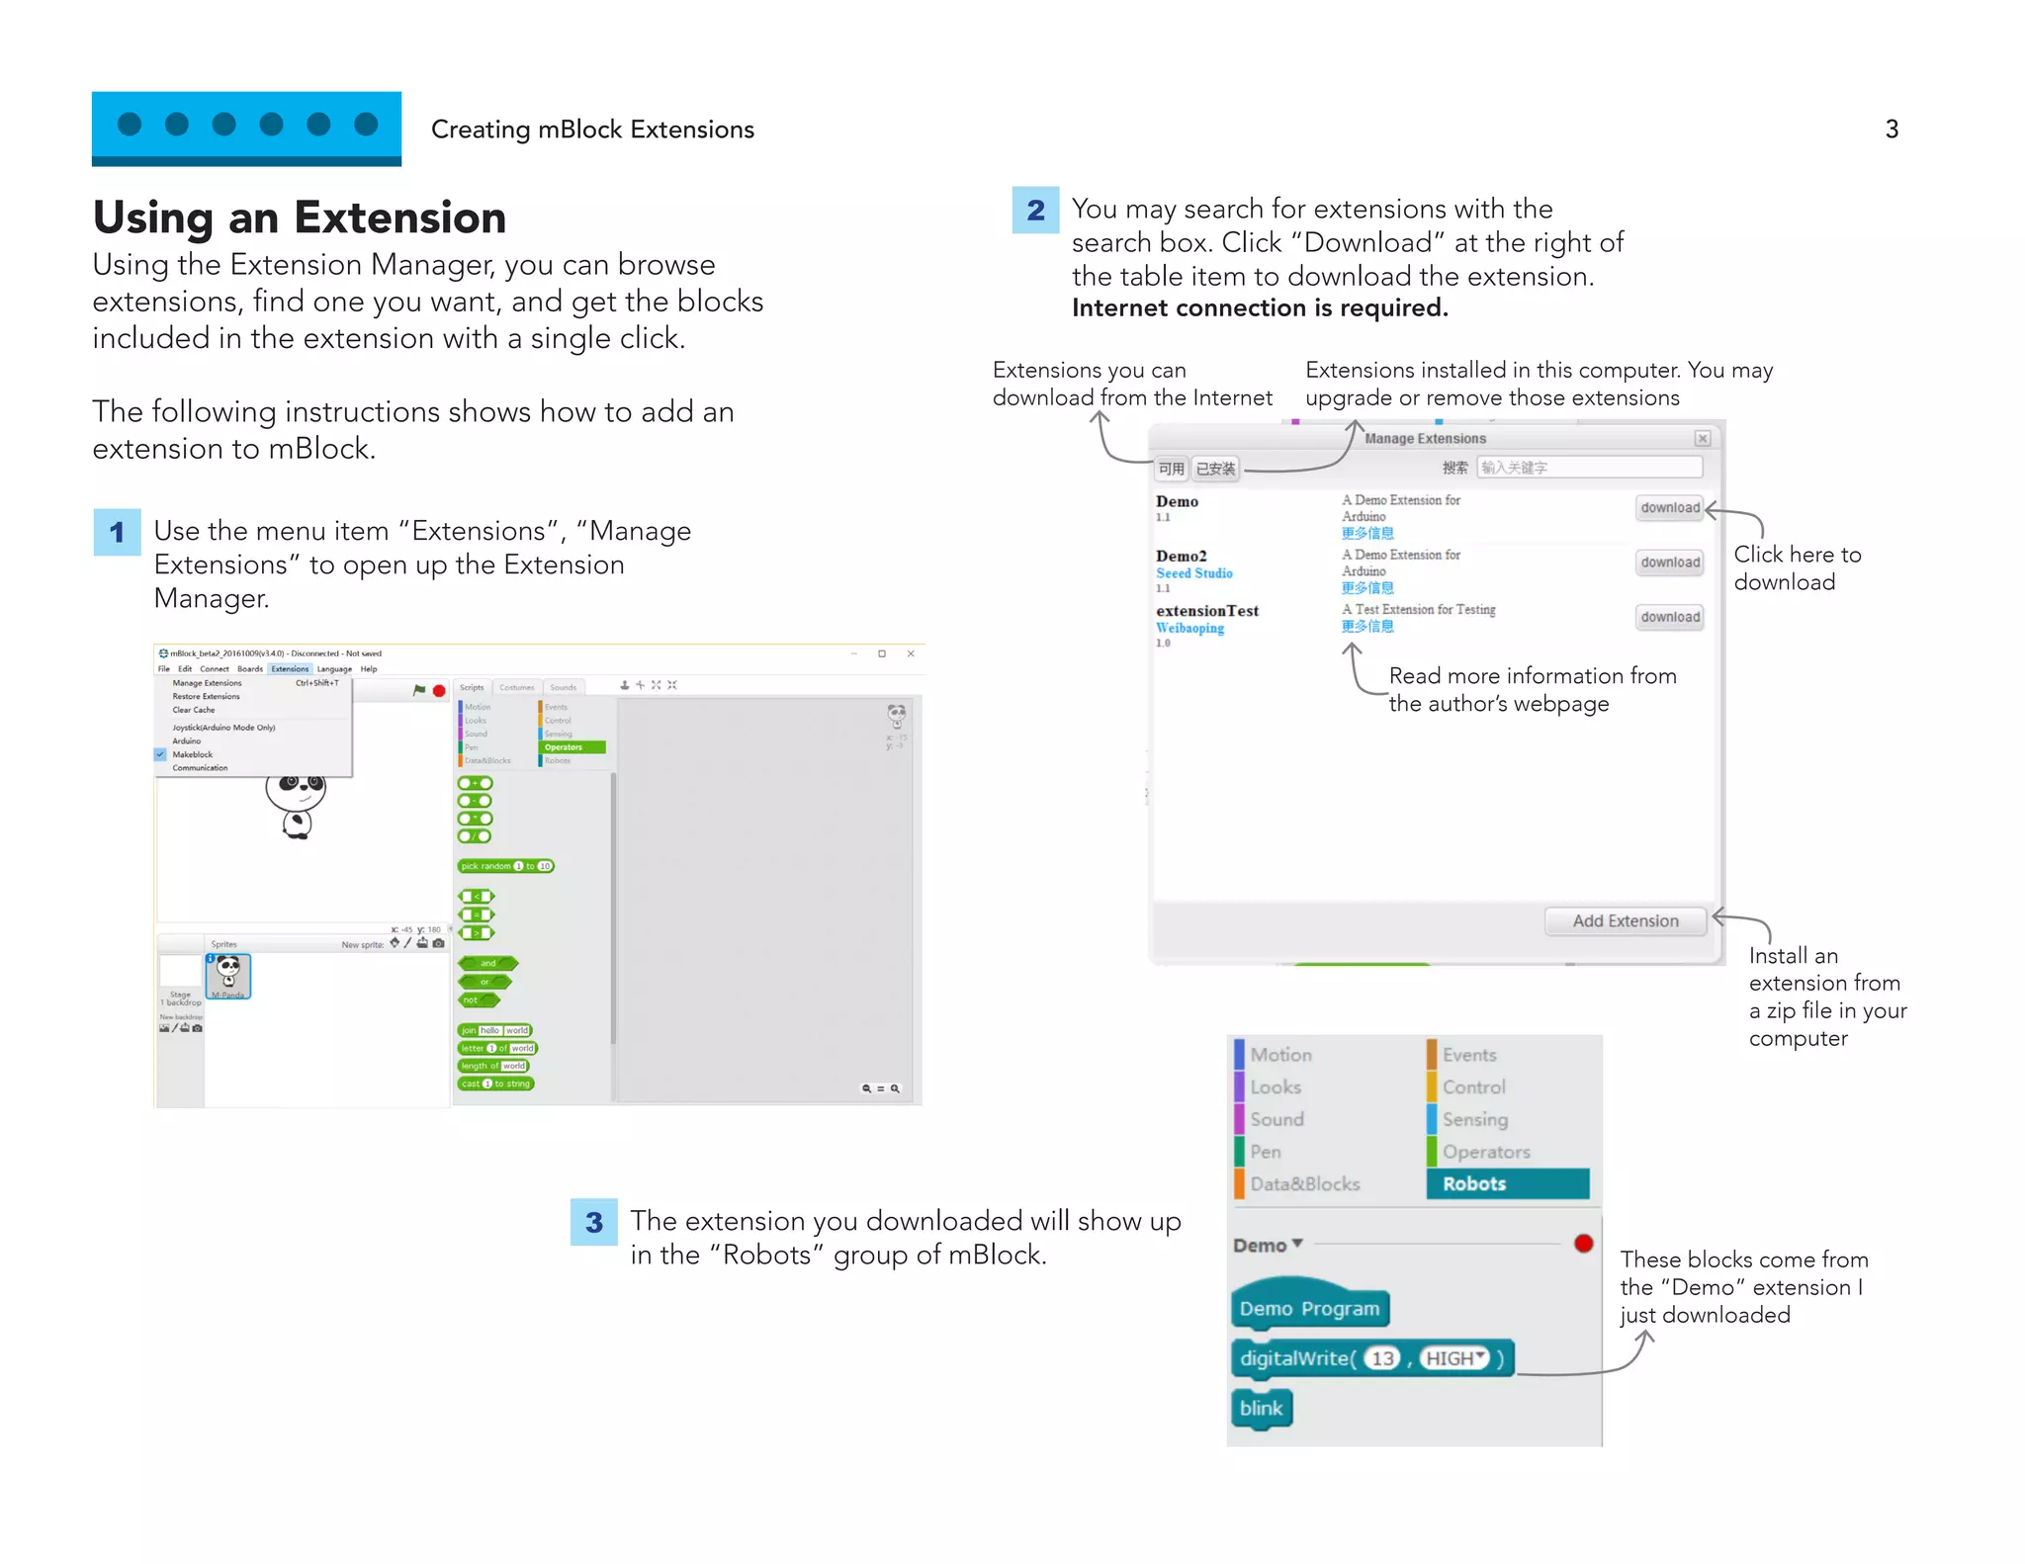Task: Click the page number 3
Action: point(1891,130)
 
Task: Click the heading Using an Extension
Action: point(299,217)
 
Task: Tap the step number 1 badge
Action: point(117,532)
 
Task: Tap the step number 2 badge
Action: point(1035,210)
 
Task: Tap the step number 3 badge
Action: point(593,1222)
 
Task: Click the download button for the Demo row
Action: point(1669,508)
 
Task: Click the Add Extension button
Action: point(1625,920)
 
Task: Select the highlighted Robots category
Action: point(1506,1183)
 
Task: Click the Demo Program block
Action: point(1309,1308)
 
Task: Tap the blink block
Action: point(1261,1408)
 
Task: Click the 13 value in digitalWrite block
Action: point(1382,1358)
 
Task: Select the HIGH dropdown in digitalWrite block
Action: point(1454,1358)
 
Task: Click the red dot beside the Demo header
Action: point(1583,1244)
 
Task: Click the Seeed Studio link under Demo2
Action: point(1193,573)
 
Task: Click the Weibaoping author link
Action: point(1189,628)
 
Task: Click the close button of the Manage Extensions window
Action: point(1702,438)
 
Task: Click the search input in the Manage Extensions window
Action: point(1589,468)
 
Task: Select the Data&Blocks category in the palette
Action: point(1304,1183)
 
